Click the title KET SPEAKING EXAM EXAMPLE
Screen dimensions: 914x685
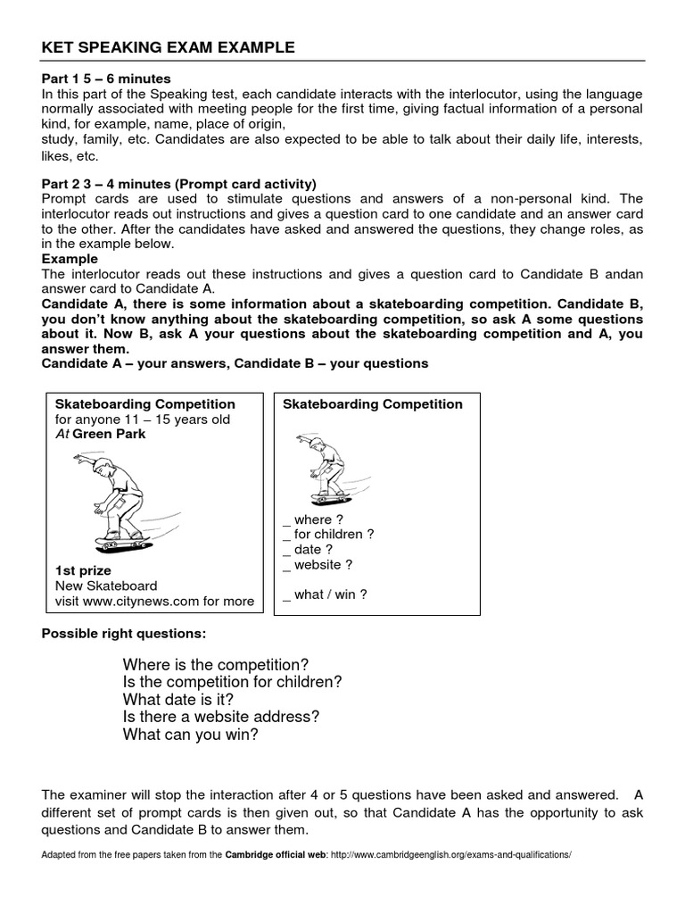(169, 47)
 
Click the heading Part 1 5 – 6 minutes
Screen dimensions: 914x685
(106, 79)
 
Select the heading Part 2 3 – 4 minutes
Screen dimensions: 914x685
(179, 183)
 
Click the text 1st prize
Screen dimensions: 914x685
(83, 570)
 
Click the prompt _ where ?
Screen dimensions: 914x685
(307, 519)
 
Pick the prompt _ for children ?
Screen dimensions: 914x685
(328, 535)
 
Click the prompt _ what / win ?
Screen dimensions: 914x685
(325, 594)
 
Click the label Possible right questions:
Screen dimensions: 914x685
(124, 634)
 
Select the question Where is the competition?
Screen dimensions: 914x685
(215, 665)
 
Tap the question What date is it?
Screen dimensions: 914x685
(180, 700)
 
